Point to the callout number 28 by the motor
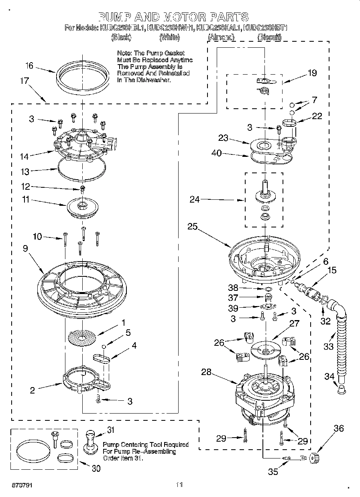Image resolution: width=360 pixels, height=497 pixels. pyautogui.click(x=206, y=372)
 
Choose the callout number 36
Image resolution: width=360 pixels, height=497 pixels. pyautogui.click(x=339, y=428)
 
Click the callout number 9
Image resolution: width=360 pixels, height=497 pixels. pyautogui.click(x=25, y=249)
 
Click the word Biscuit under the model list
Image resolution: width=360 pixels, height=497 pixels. pyautogui.click(x=269, y=37)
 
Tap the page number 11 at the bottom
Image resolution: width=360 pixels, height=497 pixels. pyautogui.click(x=179, y=485)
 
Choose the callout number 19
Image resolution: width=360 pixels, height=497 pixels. pyautogui.click(x=312, y=73)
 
